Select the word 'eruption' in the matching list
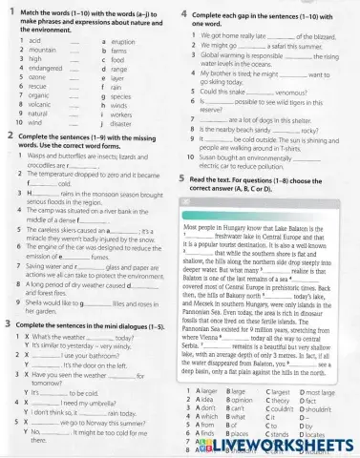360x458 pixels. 125,42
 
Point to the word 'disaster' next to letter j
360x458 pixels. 123,123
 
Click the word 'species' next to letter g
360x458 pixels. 123,95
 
